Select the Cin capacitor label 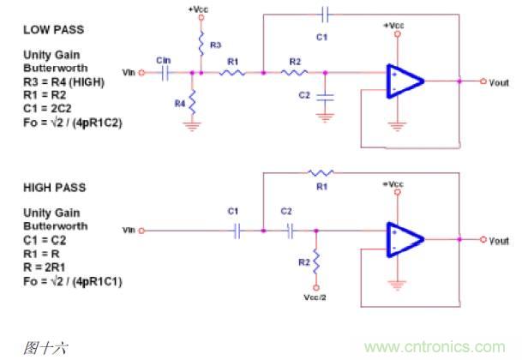coord(163,59)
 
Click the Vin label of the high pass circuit coord(129,231)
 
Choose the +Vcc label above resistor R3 coord(198,9)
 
